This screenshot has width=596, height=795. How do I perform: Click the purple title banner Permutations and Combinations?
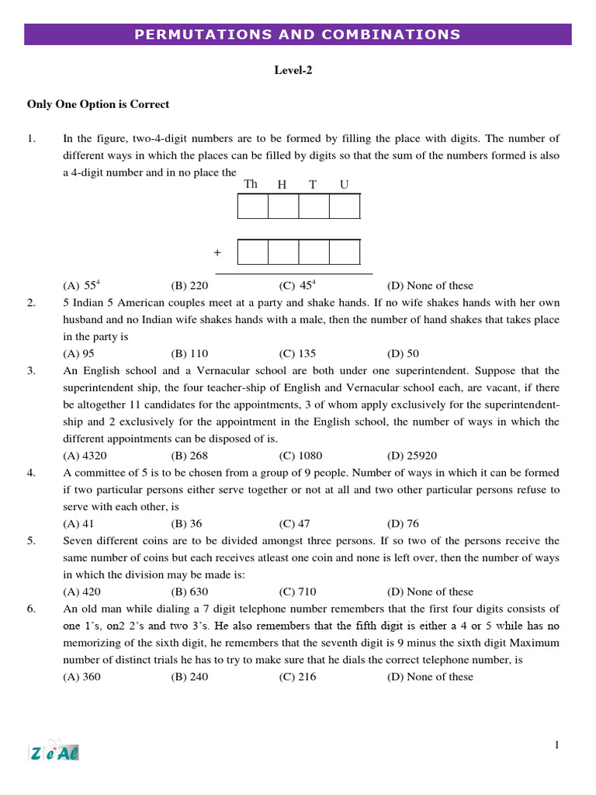click(298, 34)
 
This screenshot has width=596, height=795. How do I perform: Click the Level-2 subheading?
click(293, 71)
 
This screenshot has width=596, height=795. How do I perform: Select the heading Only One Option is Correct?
click(98, 104)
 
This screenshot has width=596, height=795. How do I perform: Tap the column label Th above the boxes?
click(251, 185)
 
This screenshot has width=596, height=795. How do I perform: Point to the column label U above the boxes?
click(345, 185)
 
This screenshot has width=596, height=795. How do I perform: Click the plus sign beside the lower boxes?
click(217, 253)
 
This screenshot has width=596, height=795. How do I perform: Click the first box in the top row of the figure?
click(253, 207)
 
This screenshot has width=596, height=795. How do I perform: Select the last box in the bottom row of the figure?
click(345, 252)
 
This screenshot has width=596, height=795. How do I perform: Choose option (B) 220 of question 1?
click(189, 286)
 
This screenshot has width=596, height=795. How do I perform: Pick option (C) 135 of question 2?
click(297, 353)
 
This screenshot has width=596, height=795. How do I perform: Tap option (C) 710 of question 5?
click(297, 592)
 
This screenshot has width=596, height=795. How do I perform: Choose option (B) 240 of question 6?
click(189, 677)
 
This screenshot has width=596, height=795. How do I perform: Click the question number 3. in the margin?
click(32, 371)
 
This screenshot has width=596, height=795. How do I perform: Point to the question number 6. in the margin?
click(32, 609)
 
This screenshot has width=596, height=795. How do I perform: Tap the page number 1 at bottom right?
click(556, 746)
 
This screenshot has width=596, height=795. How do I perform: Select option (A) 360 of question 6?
click(81, 677)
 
